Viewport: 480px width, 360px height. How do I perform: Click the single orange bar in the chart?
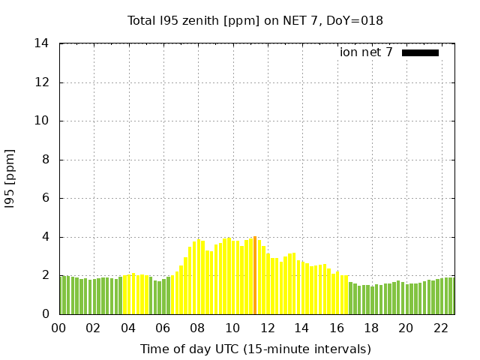click(255, 275)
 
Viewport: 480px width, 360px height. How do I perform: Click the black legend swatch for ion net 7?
click(420, 52)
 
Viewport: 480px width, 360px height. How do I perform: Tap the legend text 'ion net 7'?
click(366, 52)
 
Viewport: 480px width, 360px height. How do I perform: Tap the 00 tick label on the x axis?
click(59, 328)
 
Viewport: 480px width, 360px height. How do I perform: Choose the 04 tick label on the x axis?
click(128, 328)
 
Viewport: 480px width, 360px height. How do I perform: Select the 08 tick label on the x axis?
click(198, 328)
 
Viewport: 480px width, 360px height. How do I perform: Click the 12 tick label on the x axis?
click(267, 328)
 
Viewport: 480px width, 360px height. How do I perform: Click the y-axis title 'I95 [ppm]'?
click(10, 178)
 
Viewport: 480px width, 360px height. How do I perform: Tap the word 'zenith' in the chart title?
click(204, 21)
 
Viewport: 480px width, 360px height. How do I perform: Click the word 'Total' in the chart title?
click(143, 21)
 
